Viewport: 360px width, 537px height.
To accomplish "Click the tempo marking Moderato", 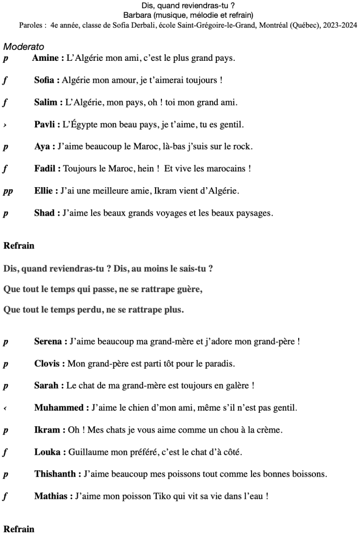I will coord(24,47).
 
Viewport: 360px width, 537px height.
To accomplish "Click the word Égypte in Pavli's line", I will coord(82,125).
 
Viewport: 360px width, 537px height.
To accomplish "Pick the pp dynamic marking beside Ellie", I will coord(8,191).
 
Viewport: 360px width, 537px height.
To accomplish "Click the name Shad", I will coord(45,213).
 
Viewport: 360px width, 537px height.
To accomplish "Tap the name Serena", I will coord(49,341).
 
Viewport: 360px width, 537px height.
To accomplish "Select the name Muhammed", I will coord(58,407).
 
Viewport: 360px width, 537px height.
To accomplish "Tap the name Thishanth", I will coord(55,474).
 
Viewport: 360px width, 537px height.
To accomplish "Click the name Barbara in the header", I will coord(137,15).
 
